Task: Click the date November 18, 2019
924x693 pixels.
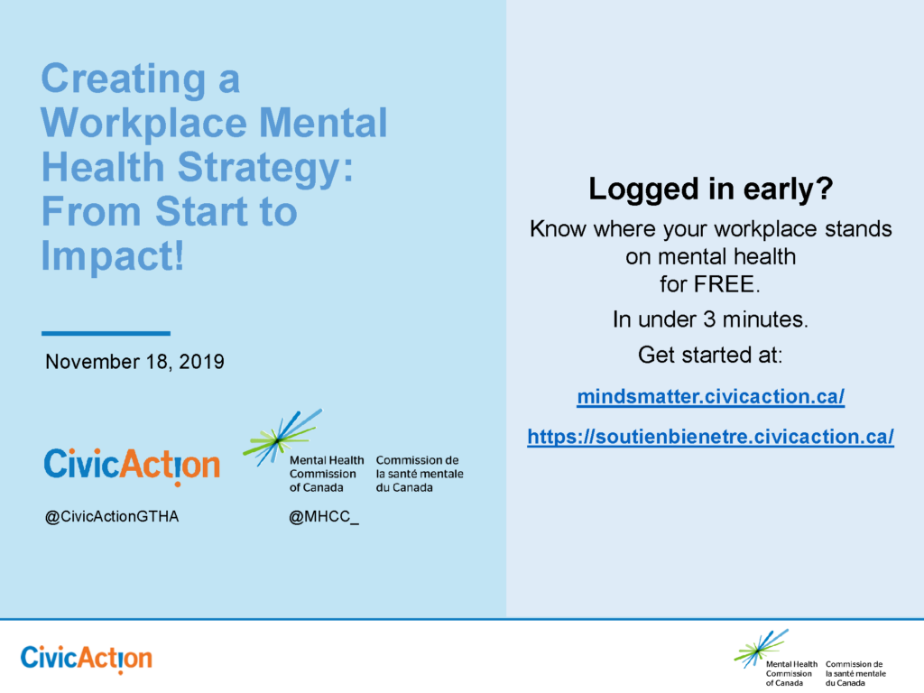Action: (134, 363)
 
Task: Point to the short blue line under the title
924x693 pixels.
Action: (106, 333)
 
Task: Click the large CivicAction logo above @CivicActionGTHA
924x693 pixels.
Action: (132, 466)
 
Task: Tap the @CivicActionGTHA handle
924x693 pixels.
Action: (112, 518)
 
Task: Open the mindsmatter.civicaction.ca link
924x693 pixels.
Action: (710, 397)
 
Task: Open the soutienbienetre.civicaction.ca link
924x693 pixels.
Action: (710, 438)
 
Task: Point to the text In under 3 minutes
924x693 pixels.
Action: (710, 319)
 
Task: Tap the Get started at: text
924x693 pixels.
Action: (710, 355)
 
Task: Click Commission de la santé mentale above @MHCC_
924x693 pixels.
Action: (419, 474)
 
